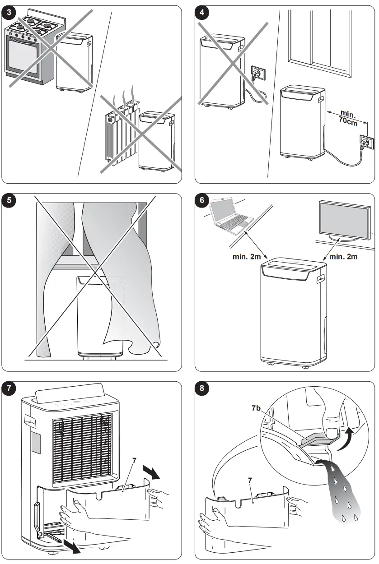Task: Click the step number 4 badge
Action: (x=202, y=12)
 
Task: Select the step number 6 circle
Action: (x=202, y=200)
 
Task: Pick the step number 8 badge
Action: (x=202, y=388)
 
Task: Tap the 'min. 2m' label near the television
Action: (x=344, y=256)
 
